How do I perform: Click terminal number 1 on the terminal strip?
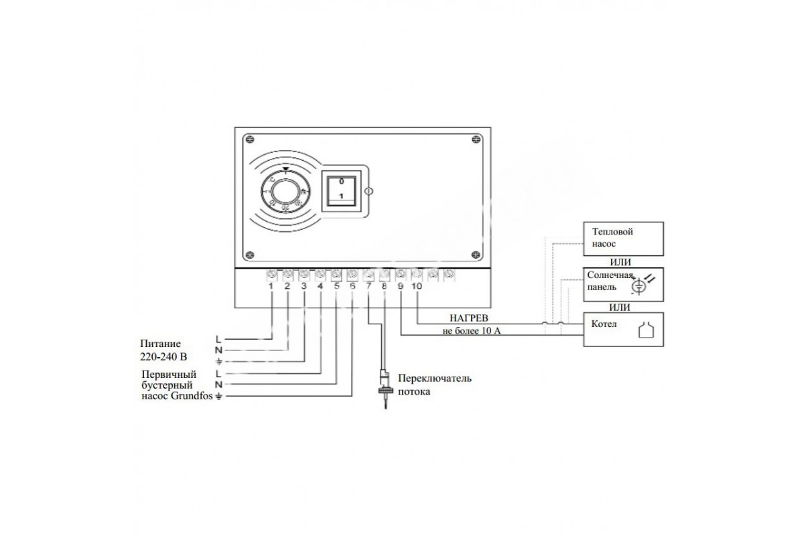click(271, 286)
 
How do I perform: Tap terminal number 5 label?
click(336, 286)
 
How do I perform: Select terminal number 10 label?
click(417, 286)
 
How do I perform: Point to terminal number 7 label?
click(368, 286)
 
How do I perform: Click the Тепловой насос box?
click(624, 238)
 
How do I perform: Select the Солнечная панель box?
click(624, 283)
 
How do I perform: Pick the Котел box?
click(624, 329)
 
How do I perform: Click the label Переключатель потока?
click(434, 385)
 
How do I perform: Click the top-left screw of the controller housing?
click(249, 139)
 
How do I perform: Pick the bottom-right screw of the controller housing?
click(476, 255)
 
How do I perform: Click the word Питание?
click(159, 344)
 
